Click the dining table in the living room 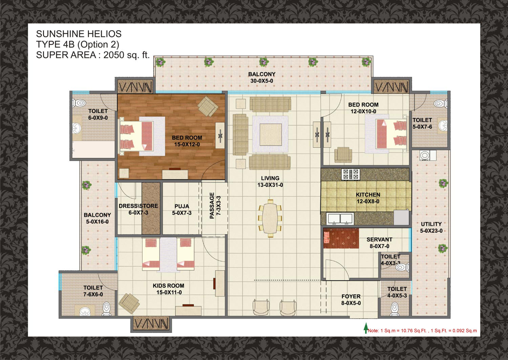pos(270,218)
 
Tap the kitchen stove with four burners pos(351,174)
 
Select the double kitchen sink pos(340,219)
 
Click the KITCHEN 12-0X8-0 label pos(368,198)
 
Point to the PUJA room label pos(182,210)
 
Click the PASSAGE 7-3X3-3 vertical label pos(215,206)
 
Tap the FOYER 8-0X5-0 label pos(351,300)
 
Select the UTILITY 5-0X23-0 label pos(431,227)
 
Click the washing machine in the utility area pos(425,155)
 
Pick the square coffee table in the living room pos(271,134)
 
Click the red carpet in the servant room pos(341,238)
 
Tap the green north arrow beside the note pos(365,328)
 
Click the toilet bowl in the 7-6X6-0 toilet pos(106,309)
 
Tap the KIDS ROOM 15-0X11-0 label pos(169,289)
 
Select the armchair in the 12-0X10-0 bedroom pos(343,155)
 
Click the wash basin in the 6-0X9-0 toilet pos(77,128)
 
